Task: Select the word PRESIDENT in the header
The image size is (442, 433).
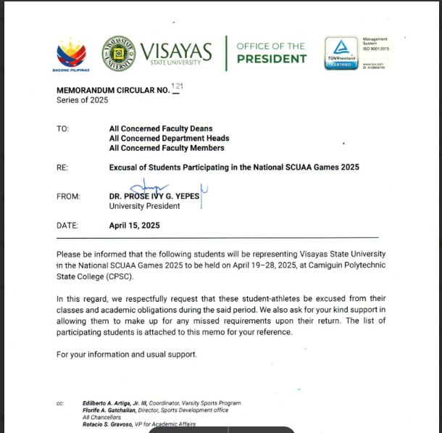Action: click(x=271, y=59)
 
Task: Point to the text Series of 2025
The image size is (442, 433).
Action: click(x=82, y=100)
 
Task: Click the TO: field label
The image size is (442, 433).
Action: click(x=62, y=128)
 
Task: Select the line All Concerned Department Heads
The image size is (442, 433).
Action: click(x=169, y=138)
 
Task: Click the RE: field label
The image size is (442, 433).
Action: click(x=62, y=168)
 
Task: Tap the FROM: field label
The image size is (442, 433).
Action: click(x=67, y=196)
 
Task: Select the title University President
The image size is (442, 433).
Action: click(x=144, y=206)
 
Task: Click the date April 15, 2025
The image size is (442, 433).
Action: click(x=135, y=226)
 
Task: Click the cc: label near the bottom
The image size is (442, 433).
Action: click(x=60, y=403)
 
